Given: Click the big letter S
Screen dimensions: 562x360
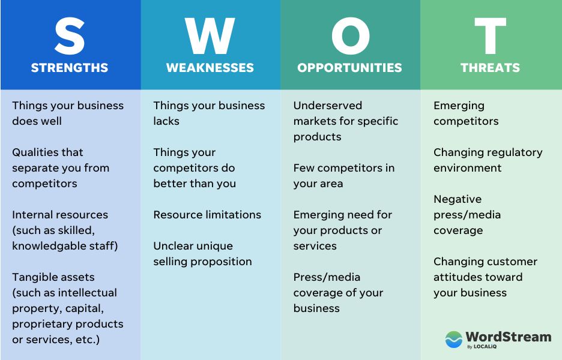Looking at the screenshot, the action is coord(70,36).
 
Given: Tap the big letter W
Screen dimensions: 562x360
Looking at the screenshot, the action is coord(210,36).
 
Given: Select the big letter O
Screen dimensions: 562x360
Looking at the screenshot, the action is coord(350,36).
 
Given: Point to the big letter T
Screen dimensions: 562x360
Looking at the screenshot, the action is coord(491,36).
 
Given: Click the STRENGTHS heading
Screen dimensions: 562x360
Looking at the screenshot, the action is coord(70,68).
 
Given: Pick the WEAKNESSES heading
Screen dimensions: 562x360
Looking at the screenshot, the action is coord(210,68).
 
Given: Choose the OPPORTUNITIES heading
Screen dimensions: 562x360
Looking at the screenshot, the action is coord(350,68).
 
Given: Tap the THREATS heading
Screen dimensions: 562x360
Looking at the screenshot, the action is coord(491,68).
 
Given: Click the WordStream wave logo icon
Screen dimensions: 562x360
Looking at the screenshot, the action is coord(454,339).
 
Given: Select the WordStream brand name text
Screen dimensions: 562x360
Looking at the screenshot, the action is coord(508,337).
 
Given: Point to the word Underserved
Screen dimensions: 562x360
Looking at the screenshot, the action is coord(328,106).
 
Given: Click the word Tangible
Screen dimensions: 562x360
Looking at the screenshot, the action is coord(34,278).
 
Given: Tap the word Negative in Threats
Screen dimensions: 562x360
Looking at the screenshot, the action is coord(458,200).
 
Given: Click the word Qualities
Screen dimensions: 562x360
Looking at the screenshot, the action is coord(35,152).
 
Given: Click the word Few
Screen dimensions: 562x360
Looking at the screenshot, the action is coord(304,168).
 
